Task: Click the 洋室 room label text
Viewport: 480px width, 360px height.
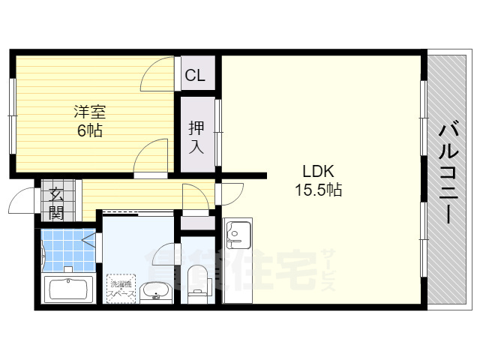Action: coord(89,112)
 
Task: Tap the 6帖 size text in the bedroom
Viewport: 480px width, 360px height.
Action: coord(89,130)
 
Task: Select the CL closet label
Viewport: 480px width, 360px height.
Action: coord(195,75)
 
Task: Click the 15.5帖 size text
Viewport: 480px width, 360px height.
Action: coord(318,190)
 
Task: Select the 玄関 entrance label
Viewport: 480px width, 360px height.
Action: coord(56,202)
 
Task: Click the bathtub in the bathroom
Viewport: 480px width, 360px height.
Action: coord(69,289)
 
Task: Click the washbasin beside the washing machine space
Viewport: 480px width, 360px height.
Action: coord(156,289)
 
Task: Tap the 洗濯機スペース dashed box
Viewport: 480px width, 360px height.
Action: coord(121,287)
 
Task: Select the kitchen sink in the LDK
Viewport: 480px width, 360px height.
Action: coord(238,234)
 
